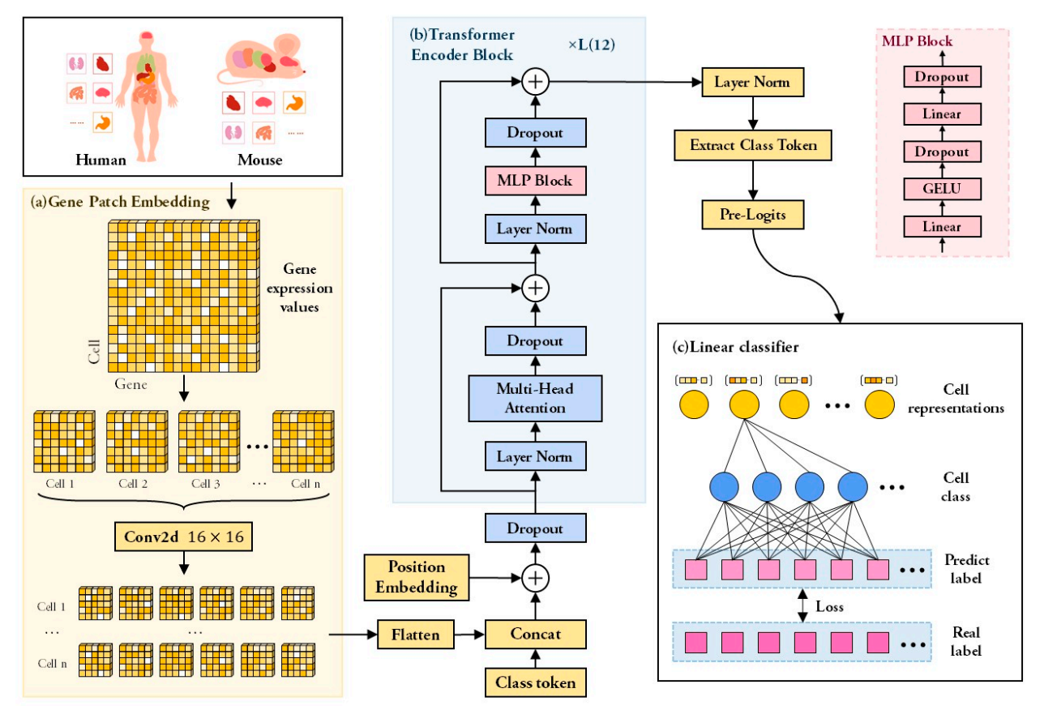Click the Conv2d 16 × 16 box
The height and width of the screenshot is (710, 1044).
[x=183, y=537]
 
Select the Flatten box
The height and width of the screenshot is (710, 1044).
[x=415, y=635]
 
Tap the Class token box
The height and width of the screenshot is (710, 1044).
[x=536, y=682]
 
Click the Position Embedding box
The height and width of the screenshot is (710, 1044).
[x=416, y=577]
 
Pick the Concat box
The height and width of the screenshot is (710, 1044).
[x=536, y=634]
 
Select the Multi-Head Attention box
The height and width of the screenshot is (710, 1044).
[x=535, y=399]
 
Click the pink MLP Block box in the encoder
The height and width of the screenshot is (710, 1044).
[x=536, y=181]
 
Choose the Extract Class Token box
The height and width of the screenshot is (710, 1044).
[x=753, y=145]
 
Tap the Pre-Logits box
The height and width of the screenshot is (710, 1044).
[x=753, y=215]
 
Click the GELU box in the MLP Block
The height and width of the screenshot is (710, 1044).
[x=942, y=189]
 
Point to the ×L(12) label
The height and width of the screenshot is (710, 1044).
[x=592, y=45]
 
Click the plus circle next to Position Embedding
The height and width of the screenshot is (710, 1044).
[x=536, y=578]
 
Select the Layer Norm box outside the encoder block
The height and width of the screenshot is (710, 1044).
[x=753, y=82]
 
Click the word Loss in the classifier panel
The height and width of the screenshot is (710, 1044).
[x=830, y=606]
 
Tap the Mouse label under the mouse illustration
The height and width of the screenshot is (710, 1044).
[x=259, y=160]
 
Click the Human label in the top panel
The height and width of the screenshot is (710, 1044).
[x=101, y=160]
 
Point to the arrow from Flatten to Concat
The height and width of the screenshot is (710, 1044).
[x=469, y=635]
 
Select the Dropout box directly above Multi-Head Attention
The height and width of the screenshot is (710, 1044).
[x=536, y=340]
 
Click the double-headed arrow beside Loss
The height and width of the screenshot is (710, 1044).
[x=802, y=605]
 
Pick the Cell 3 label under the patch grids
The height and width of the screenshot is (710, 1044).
[x=206, y=484]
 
